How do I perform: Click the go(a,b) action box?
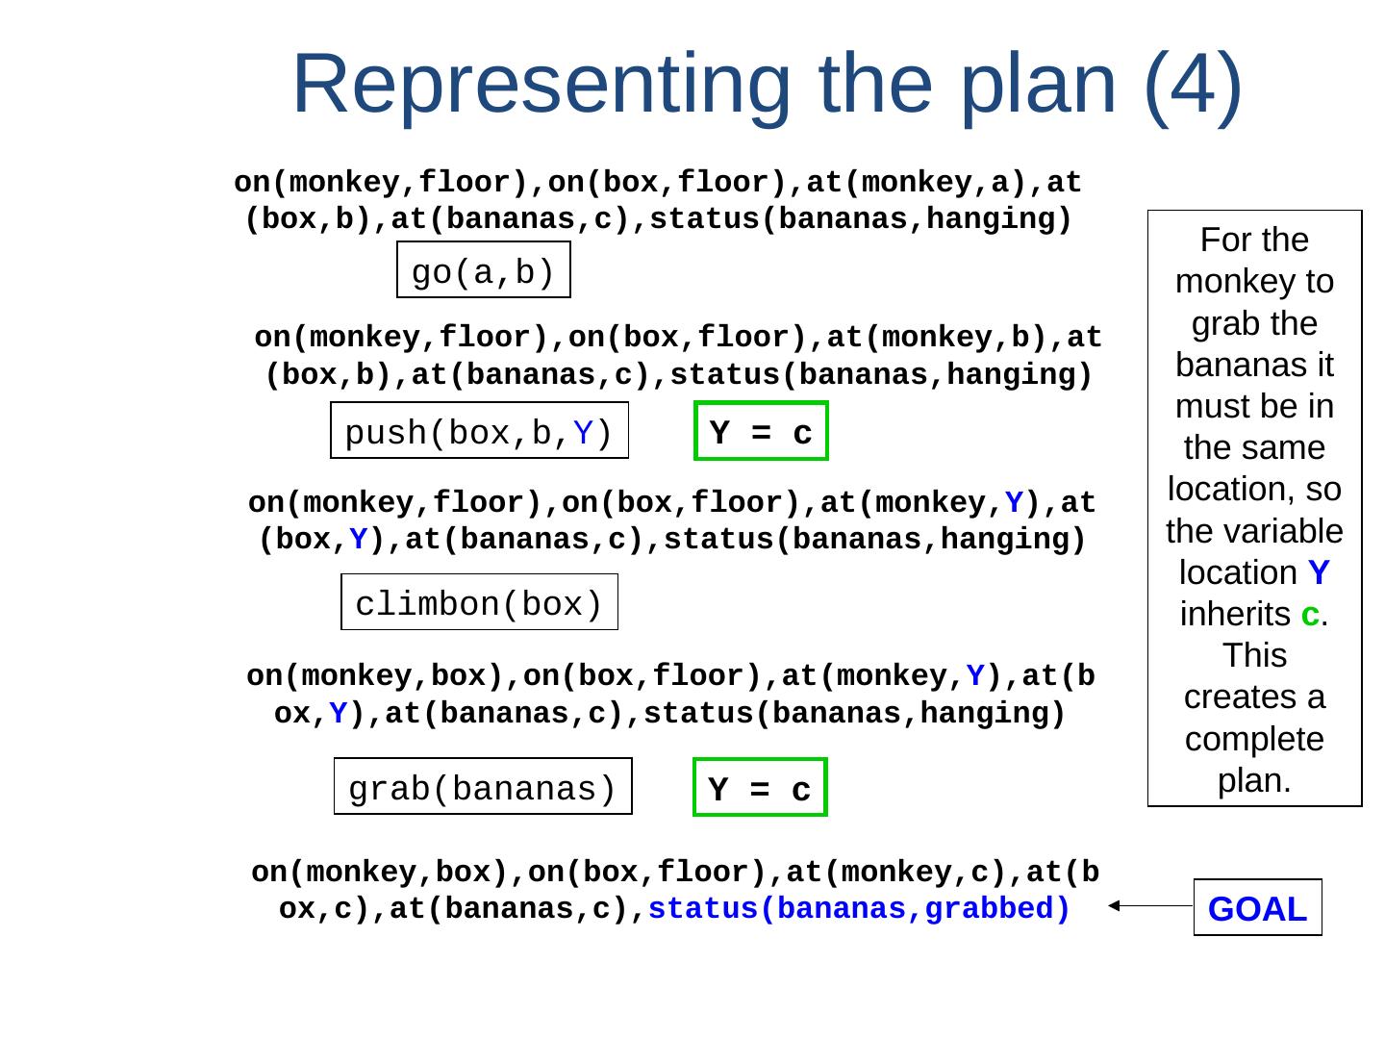point(483,270)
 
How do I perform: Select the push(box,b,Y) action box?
point(479,430)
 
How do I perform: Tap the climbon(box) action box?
point(479,602)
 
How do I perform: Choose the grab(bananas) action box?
point(483,787)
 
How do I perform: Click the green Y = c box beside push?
point(761,431)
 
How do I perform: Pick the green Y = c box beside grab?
point(760,787)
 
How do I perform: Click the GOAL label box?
point(1257,907)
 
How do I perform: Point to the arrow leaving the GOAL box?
point(1150,905)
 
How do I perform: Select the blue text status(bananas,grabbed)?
point(859,909)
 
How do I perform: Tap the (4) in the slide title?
point(1193,84)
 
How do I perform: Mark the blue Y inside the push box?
point(583,435)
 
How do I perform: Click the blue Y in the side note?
point(1319,572)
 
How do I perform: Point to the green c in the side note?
point(1309,614)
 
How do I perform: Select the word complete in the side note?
point(1254,739)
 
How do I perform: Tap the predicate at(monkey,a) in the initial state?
point(924,183)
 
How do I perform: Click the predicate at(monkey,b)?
point(944,339)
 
